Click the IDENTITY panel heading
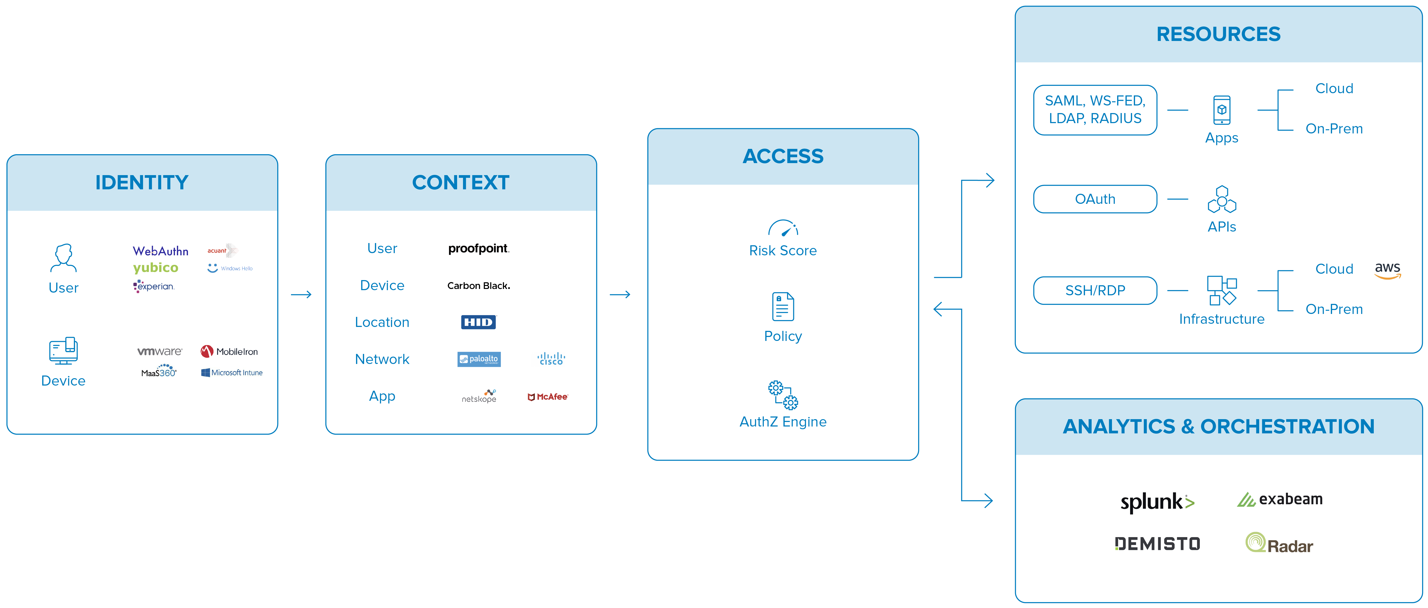pos(142,182)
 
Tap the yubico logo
pos(156,268)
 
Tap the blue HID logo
pos(478,322)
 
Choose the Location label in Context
pos(382,322)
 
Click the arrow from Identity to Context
pos(302,294)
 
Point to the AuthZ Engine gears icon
pos(783,395)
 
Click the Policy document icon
pos(783,307)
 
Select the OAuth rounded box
pos(1095,199)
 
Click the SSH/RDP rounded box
pos(1095,290)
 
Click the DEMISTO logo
pos(1157,544)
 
